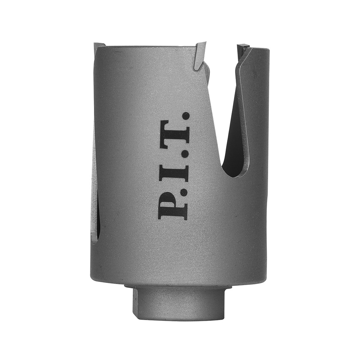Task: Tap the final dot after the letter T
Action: (x=186, y=116)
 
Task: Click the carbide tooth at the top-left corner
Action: (x=100, y=46)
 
